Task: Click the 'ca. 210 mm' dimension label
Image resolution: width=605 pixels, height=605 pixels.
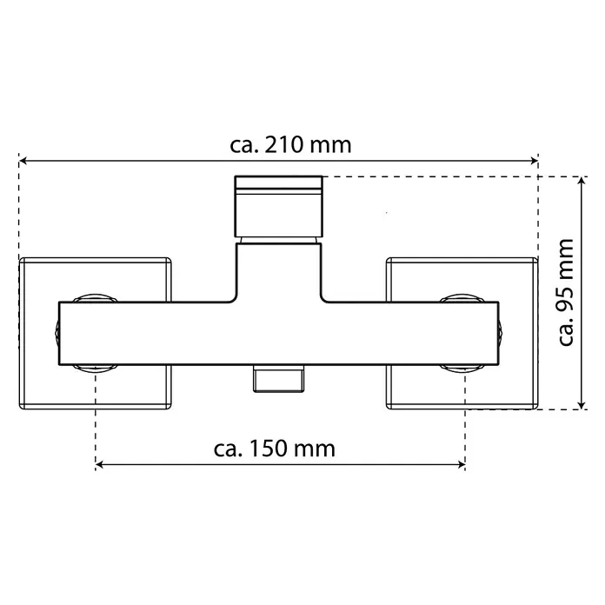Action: point(290,145)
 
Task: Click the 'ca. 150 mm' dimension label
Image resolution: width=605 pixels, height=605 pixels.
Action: point(275,449)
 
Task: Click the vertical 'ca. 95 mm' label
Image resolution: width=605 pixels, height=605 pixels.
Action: point(566,292)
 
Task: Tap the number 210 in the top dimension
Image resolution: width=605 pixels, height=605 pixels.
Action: point(283,145)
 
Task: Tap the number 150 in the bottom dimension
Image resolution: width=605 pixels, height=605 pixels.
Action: point(268,449)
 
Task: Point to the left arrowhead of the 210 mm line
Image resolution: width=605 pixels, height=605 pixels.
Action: point(23,161)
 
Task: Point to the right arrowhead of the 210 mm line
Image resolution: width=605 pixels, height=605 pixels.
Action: point(534,161)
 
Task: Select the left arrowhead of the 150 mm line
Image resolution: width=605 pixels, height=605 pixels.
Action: point(99,464)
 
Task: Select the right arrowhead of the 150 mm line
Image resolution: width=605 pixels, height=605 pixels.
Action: point(461,464)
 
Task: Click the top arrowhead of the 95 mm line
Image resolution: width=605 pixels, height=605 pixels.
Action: point(582,181)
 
